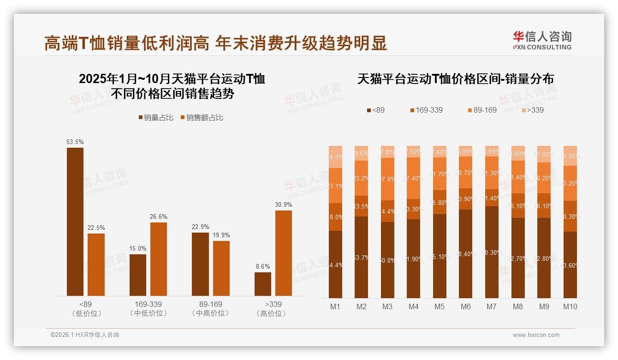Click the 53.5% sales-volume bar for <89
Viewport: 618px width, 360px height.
pos(75,222)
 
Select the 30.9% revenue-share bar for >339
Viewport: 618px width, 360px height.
pos(284,253)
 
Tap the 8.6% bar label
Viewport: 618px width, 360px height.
pos(262,266)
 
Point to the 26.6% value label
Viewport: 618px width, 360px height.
pos(159,216)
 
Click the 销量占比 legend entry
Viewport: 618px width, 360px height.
pos(156,118)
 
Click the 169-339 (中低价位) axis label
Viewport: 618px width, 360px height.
pos(149,309)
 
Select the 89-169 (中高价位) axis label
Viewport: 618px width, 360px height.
pos(211,309)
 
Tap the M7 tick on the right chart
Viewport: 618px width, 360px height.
pos(492,306)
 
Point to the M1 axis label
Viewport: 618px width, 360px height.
pos(335,306)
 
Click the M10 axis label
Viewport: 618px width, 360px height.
pos(570,306)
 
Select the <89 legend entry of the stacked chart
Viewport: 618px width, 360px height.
pos(375,110)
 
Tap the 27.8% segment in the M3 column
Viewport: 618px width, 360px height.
pos(387,179)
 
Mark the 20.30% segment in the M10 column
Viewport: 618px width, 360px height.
pos(570,216)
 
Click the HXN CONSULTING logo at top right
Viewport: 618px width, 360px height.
pos(542,40)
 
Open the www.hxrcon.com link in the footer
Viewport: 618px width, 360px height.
pos(535,335)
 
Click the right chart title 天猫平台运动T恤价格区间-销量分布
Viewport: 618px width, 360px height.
pos(456,79)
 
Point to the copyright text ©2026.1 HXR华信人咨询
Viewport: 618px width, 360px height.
pos(85,335)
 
